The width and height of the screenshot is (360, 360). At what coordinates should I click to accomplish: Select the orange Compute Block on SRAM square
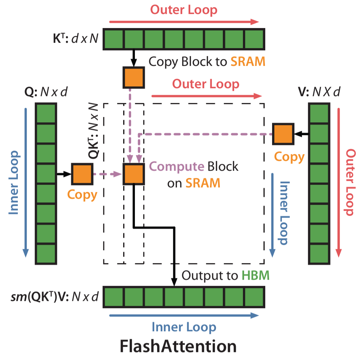133,174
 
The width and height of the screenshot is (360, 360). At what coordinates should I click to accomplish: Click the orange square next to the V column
283,134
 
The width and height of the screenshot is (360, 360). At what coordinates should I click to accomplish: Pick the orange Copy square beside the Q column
82,174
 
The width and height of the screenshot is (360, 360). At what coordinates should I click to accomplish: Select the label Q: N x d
45,92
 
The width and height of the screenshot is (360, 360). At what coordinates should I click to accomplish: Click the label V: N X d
319,92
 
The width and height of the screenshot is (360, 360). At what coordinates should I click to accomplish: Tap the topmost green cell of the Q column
46,113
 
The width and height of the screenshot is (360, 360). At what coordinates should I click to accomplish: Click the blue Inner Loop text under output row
184,327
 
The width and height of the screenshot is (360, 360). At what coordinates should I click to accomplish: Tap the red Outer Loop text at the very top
184,9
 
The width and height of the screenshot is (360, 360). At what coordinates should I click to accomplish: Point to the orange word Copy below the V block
289,157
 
